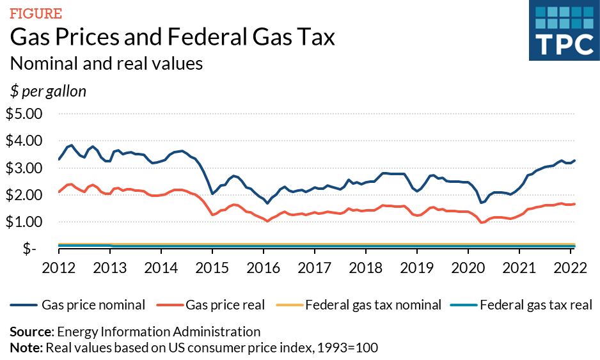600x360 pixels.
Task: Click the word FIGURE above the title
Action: click(x=36, y=13)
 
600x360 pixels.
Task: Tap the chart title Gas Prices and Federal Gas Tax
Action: click(x=173, y=38)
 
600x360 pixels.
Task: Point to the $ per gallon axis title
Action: click(x=48, y=91)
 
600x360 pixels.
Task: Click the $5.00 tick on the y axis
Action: click(x=24, y=114)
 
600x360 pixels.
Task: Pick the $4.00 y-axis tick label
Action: click(x=24, y=141)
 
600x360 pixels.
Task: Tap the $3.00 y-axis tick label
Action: click(x=24, y=168)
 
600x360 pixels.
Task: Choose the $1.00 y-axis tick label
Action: click(x=24, y=222)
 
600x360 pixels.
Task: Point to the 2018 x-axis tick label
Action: click(x=365, y=267)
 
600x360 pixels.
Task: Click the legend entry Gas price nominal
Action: click(x=93, y=305)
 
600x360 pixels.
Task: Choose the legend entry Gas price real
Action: click(x=225, y=305)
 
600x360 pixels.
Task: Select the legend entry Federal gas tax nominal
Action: click(x=373, y=305)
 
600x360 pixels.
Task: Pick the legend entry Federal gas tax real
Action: click(x=535, y=305)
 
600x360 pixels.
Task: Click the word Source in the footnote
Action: click(x=30, y=332)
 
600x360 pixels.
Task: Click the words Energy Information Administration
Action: click(x=159, y=332)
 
